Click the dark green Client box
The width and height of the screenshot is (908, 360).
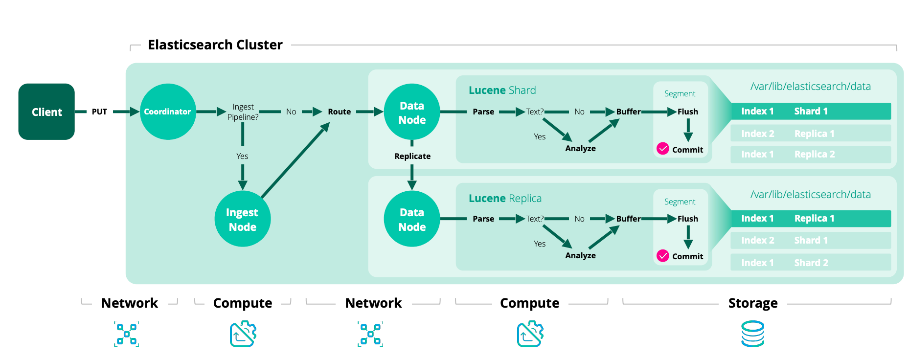[x=46, y=112]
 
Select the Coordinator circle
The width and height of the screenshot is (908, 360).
[x=168, y=112]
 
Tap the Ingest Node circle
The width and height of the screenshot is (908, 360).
[x=242, y=219]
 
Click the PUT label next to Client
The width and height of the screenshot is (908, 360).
[x=99, y=112]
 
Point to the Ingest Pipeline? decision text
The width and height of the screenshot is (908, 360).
[x=243, y=112]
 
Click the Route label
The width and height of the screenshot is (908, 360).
[x=339, y=112]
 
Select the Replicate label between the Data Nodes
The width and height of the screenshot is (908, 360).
[x=412, y=156]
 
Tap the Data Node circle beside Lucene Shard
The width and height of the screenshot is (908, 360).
[x=412, y=112]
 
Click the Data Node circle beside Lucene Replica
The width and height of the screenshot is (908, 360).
[x=412, y=219]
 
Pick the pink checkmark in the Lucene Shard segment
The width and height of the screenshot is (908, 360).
[x=662, y=149]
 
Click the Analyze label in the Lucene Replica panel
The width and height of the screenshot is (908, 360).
[x=580, y=255]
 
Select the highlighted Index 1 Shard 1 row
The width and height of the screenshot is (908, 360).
[x=810, y=111]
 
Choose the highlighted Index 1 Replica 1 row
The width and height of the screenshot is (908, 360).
[x=810, y=218]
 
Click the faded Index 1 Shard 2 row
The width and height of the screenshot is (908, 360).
[x=810, y=263]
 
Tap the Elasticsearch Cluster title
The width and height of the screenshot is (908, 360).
[x=215, y=45]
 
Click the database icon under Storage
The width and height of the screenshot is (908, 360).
[x=752, y=334]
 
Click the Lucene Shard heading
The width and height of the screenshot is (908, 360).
[x=502, y=90]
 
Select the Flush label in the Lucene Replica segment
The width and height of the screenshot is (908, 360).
[x=687, y=219]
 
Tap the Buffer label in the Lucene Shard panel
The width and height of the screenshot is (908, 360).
[x=628, y=112]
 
